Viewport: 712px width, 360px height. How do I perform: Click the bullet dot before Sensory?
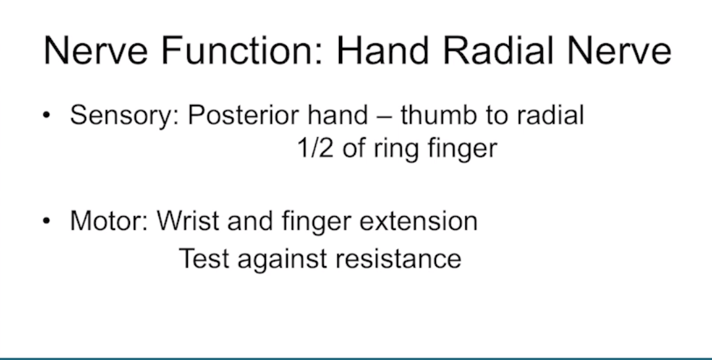pos(47,116)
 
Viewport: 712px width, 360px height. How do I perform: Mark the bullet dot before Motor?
pos(47,221)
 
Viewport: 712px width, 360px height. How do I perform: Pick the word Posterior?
pos(244,116)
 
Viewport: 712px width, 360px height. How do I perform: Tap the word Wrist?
pos(189,221)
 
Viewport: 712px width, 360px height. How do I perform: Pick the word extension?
pos(418,221)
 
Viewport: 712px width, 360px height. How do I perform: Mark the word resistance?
pos(398,259)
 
